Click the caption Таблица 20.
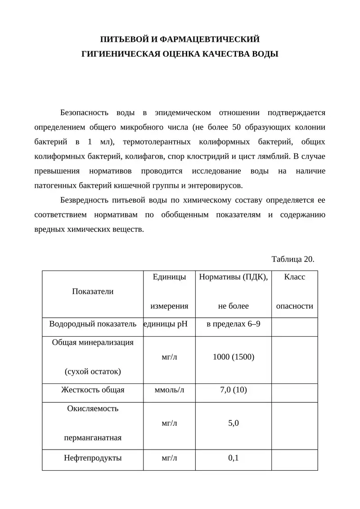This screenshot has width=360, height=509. point(292,259)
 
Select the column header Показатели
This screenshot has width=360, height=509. point(93,291)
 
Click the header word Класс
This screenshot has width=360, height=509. point(295,277)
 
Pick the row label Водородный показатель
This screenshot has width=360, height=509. point(93,324)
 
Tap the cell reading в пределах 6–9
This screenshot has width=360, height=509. point(233,324)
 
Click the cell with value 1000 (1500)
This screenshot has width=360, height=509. point(233,357)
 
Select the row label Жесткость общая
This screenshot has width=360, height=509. point(93,390)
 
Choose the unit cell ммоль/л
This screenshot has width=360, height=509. point(169,390)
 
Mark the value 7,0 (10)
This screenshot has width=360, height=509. point(233,390)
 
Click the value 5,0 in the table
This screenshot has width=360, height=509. point(233,423)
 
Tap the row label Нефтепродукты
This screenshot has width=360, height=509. point(93,458)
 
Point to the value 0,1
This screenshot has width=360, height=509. point(233,458)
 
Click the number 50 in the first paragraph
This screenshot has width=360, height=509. point(237,127)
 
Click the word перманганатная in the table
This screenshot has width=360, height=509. point(93,437)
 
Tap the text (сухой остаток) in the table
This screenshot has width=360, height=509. point(93,371)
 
